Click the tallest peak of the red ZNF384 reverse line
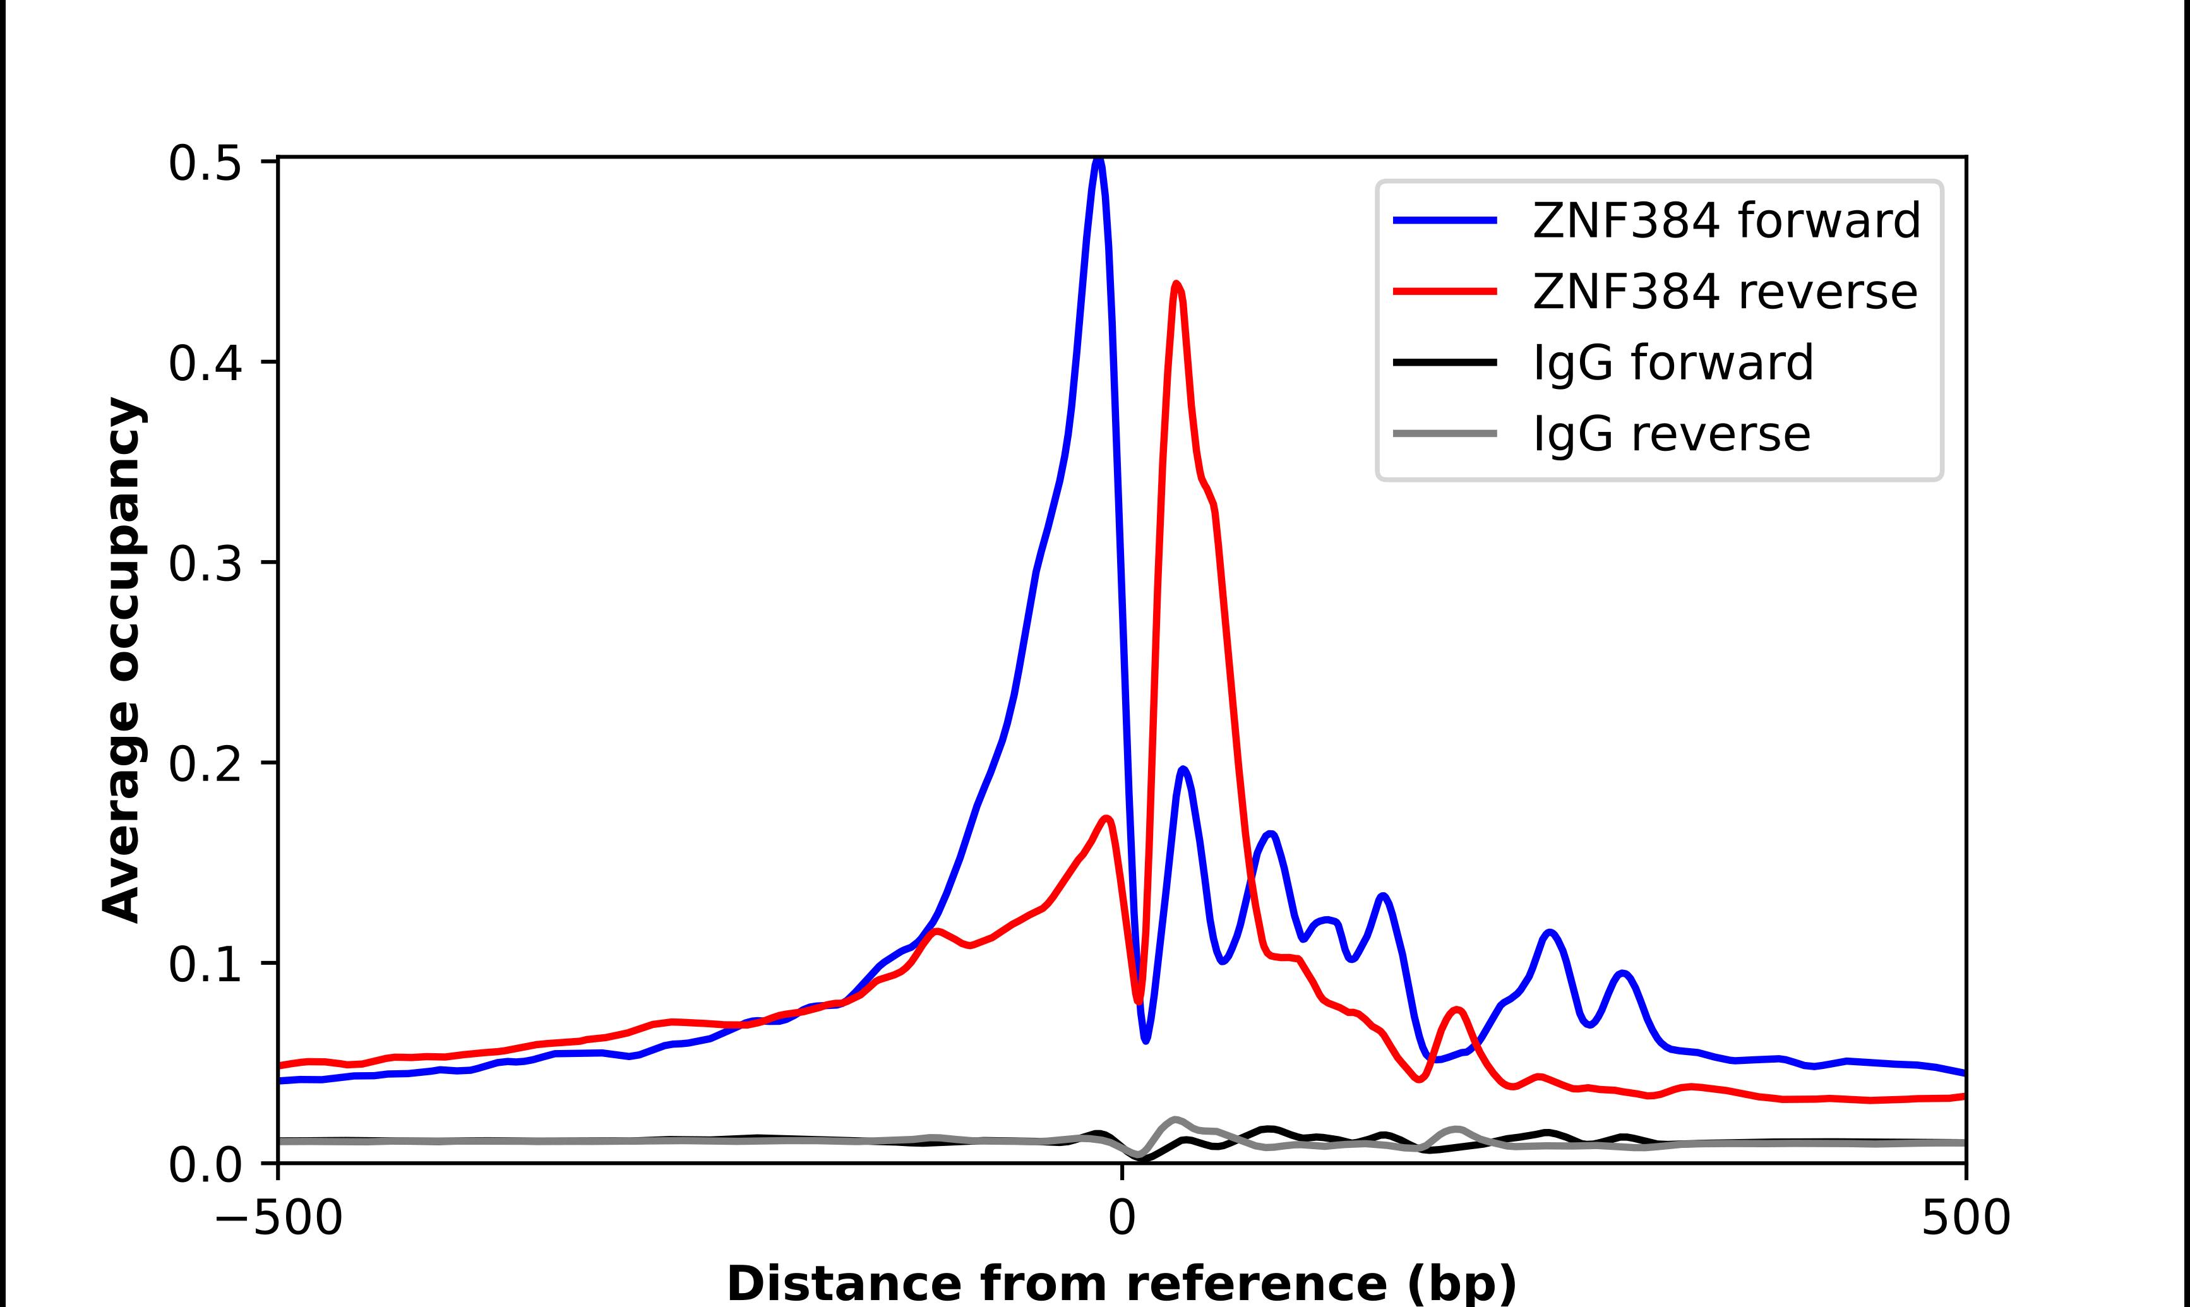(x=1176, y=285)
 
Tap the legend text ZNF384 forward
(x=1726, y=220)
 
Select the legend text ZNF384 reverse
(x=1724, y=292)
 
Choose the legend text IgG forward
(x=1673, y=363)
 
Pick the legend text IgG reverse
(x=1672, y=434)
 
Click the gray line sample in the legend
(x=1445, y=433)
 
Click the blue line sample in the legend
(x=1445, y=220)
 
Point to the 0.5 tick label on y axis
(x=205, y=163)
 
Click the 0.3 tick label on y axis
(x=205, y=564)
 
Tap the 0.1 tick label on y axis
(x=205, y=964)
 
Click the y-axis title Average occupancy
(x=121, y=660)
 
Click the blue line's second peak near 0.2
(x=1183, y=770)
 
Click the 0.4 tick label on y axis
(x=205, y=363)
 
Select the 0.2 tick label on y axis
(x=205, y=763)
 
